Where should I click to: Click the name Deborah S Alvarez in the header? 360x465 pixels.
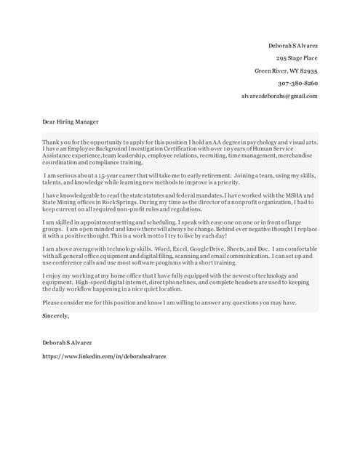293,46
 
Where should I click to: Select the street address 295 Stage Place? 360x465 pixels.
297,58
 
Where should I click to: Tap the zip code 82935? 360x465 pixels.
306,70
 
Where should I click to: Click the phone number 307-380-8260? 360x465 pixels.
297,83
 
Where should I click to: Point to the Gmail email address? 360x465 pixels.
279,96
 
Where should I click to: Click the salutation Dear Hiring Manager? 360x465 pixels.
70,121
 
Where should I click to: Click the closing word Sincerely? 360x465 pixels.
56,315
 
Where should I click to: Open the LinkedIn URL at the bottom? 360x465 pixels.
104,357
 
